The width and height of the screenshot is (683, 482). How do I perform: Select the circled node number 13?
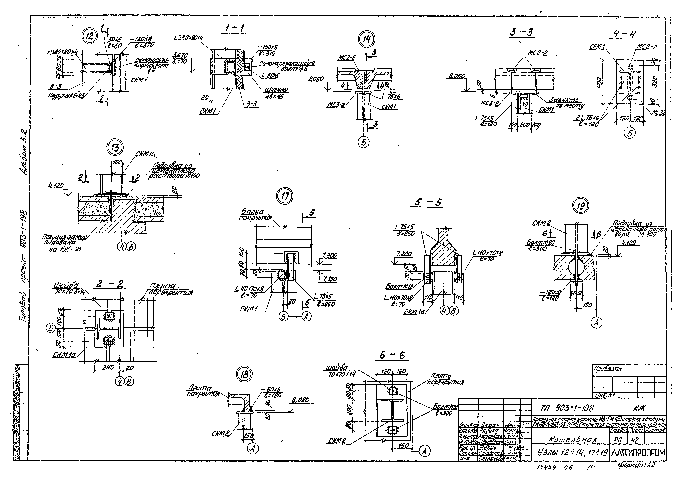[x=115, y=148]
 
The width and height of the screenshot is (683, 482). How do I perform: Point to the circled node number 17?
[x=285, y=197]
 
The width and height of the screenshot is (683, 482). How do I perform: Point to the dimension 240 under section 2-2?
[x=108, y=367]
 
